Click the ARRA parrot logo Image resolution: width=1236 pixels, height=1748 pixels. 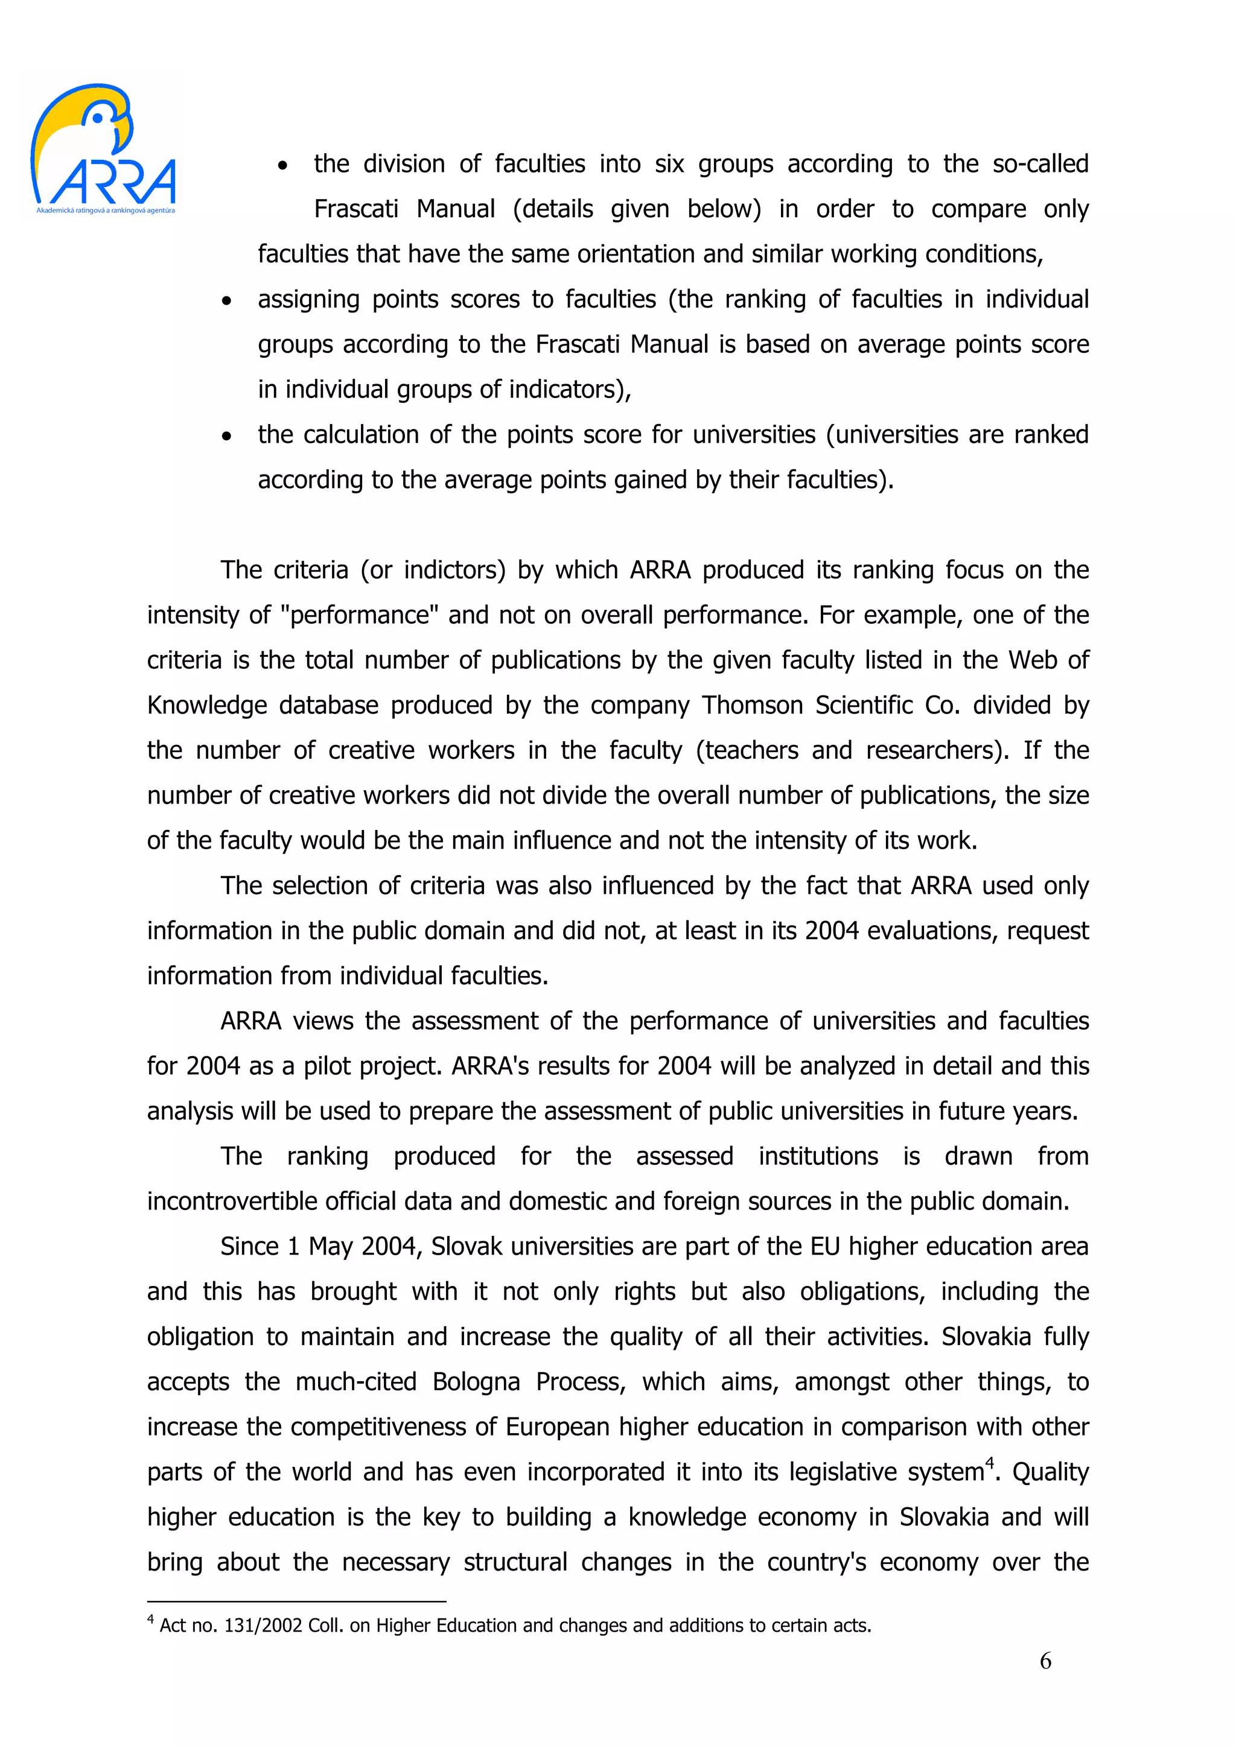point(103,148)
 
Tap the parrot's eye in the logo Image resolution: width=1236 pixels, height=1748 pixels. point(98,118)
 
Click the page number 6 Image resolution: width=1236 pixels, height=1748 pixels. point(1045,1661)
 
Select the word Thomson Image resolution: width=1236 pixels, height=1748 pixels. point(751,705)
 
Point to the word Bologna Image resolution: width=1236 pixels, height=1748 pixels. point(476,1382)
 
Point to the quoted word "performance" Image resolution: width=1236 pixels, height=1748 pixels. point(358,615)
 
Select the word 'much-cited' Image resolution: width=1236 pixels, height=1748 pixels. point(355,1382)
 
